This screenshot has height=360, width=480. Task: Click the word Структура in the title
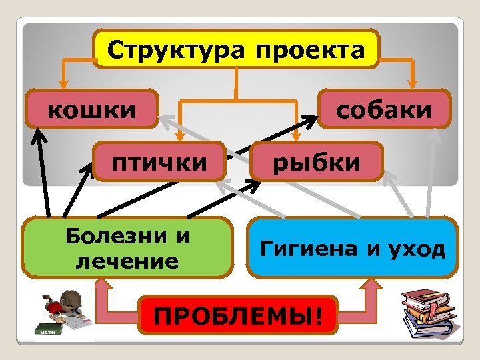(175, 50)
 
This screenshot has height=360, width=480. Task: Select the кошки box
(92, 109)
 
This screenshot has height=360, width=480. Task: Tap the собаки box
(384, 109)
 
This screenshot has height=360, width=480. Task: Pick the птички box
(158, 161)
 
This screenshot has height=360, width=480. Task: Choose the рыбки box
(317, 161)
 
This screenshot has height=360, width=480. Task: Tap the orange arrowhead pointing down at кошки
(63, 85)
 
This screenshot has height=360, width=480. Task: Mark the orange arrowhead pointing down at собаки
(413, 85)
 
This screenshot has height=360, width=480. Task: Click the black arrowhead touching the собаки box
(313, 119)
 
